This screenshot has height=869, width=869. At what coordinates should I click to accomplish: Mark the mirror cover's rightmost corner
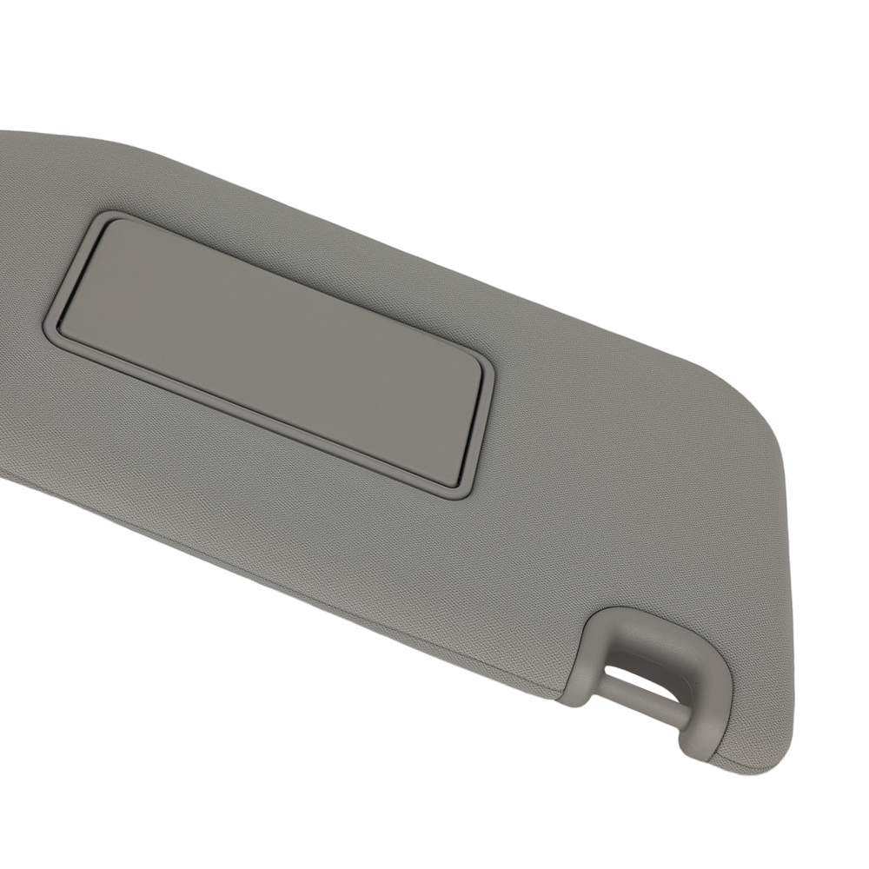point(482,365)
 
